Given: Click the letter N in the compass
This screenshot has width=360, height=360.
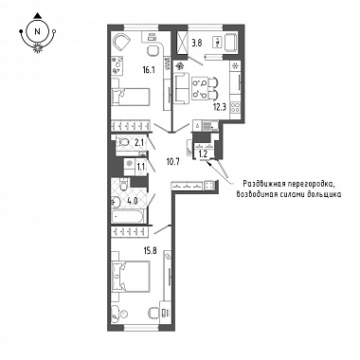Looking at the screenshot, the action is point(38,31).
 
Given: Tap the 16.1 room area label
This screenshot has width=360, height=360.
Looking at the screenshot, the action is point(148,70).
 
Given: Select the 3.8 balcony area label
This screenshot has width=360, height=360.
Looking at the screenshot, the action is point(196,44).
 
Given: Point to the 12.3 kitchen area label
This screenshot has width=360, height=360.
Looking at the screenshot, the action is point(221,106).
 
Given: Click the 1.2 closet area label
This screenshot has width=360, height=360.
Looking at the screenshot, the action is point(203,154).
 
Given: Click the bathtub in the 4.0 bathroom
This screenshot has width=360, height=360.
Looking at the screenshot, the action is point(128,217).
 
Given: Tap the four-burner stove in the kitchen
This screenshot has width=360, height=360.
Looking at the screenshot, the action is point(235,108).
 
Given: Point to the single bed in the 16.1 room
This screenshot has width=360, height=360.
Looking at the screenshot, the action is point(130,97).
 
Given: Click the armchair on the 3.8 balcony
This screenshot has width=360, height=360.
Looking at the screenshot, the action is point(231,42).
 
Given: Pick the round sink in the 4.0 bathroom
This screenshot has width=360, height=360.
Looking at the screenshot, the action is point(117,201).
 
